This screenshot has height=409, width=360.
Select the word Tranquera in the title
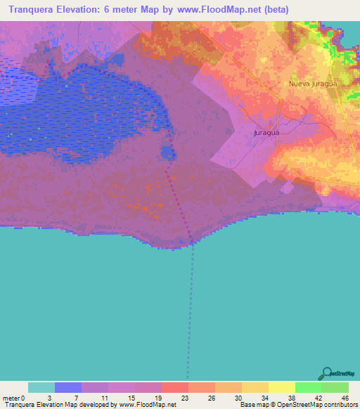click(x=30, y=11)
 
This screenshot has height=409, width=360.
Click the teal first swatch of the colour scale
click(x=41, y=387)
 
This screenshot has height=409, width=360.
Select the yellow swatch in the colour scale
click(x=281, y=387)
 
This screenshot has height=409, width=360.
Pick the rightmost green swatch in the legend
click(x=335, y=387)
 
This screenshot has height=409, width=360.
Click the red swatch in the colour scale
click(x=175, y=387)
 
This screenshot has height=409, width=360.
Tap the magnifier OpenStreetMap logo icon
click(x=326, y=374)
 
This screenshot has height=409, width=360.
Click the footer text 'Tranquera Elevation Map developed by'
click(x=60, y=405)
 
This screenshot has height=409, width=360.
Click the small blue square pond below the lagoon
click(x=168, y=152)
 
